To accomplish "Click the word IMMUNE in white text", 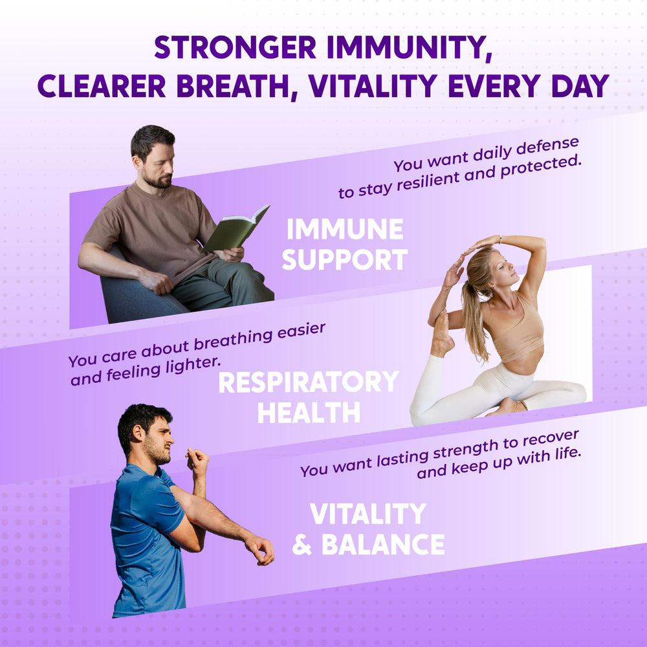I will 345,230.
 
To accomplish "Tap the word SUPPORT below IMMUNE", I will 345,259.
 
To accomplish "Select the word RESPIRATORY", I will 308,382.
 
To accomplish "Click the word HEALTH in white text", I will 309,413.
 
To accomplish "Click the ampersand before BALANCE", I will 302,545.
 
